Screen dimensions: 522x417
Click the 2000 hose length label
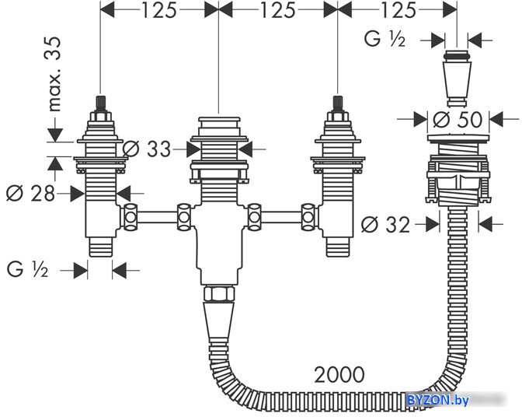(x=339, y=375)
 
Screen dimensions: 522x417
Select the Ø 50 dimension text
(x=458, y=119)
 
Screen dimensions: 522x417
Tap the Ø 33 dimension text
(x=147, y=149)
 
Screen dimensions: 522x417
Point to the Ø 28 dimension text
(x=30, y=193)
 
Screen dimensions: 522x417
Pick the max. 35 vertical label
(x=54, y=74)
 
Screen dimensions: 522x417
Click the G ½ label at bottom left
(x=28, y=269)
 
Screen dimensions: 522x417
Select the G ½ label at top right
(x=385, y=39)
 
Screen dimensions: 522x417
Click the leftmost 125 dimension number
(x=159, y=10)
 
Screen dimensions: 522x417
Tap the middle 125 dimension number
(x=277, y=10)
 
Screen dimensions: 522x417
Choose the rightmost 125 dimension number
(x=398, y=10)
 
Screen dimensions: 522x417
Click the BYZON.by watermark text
(x=438, y=400)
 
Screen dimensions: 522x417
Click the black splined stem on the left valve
(x=100, y=104)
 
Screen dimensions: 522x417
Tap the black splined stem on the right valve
(x=338, y=104)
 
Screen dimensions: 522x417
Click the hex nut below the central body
(x=219, y=293)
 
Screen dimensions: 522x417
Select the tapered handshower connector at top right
(x=457, y=79)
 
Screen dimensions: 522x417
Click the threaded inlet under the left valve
(x=101, y=247)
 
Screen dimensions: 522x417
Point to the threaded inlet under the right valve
(x=338, y=247)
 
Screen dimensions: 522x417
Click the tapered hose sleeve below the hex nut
(x=218, y=321)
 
